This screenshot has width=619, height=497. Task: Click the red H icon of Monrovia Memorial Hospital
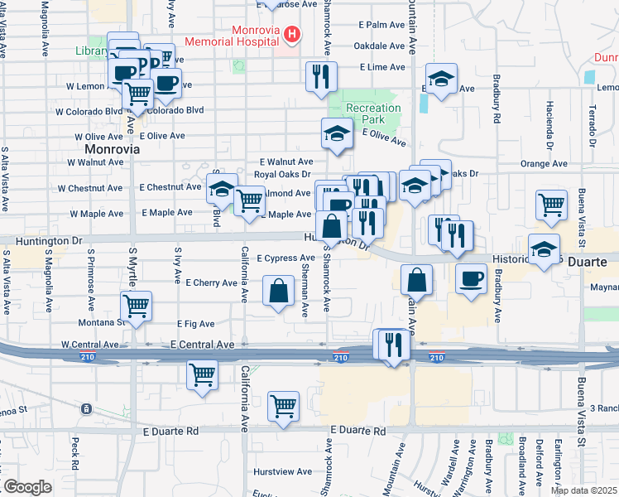pyautogui.click(x=290, y=33)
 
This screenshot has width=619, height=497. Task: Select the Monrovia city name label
pyautogui.click(x=112, y=149)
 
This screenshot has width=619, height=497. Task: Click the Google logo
pyautogui.click(x=26, y=487)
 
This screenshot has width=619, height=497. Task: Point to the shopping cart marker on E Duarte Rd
pyautogui.click(x=283, y=407)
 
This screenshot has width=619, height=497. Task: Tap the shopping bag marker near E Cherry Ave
pyautogui.click(x=279, y=291)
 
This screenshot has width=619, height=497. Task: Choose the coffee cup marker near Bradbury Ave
pyautogui.click(x=471, y=278)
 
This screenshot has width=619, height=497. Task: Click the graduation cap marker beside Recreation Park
pyautogui.click(x=337, y=133)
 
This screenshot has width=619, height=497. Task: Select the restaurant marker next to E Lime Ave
pyautogui.click(x=319, y=77)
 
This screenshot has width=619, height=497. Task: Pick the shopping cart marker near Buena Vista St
pyautogui.click(x=551, y=204)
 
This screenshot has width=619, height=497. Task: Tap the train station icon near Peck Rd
pyautogui.click(x=86, y=408)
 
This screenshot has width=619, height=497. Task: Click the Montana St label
pyautogui.click(x=101, y=323)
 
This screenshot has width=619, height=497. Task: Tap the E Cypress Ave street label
pyautogui.click(x=286, y=258)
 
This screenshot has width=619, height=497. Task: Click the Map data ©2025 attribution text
pyautogui.click(x=583, y=490)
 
